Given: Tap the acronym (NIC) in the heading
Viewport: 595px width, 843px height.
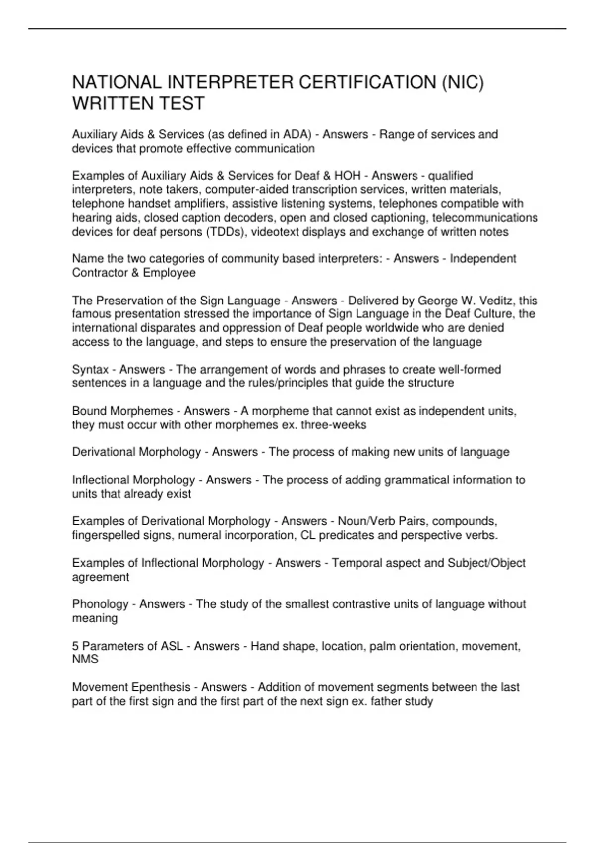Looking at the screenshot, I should click(462, 82).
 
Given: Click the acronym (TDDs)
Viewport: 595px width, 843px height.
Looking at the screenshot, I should click(226, 232).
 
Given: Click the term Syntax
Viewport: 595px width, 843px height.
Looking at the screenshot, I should click(90, 369).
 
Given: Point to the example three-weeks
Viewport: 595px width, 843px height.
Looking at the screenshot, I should click(333, 425).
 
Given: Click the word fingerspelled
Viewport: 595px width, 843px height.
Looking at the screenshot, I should click(106, 535).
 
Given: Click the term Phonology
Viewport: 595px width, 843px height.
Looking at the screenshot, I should click(100, 604).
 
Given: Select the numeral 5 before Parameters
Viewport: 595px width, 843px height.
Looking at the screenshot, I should click(75, 646).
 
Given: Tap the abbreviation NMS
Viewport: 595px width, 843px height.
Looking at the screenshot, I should click(85, 660).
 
